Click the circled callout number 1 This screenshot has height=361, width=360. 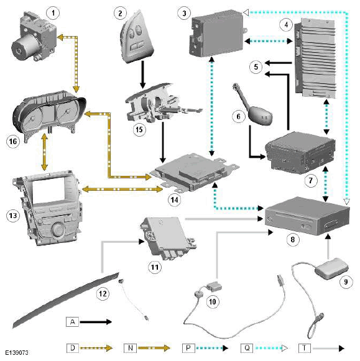coord(53,13)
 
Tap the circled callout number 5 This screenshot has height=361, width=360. coord(256,67)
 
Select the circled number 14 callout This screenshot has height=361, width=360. coord(174,199)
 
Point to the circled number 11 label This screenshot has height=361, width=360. coord(155,267)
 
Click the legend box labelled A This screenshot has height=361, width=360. coord(72,322)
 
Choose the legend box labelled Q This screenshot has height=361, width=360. coord(247,348)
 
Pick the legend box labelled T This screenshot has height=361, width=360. coord(305,348)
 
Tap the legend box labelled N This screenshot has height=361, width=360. coord(130,348)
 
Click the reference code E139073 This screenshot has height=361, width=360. coord(17,353)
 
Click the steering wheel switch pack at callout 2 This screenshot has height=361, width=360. coord(136,37)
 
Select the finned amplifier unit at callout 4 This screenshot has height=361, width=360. coord(315,58)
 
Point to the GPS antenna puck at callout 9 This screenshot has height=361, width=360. coord(331,268)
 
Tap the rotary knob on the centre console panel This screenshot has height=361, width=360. coord(58,229)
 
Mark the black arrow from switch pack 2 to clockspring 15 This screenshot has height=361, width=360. coord(142,75)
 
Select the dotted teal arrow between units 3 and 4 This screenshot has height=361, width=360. coord(269,41)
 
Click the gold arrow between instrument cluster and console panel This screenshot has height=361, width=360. coord(44,152)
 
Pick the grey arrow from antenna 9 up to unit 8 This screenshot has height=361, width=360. coord(328,246)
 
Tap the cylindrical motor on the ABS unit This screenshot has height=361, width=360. coord(25,49)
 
